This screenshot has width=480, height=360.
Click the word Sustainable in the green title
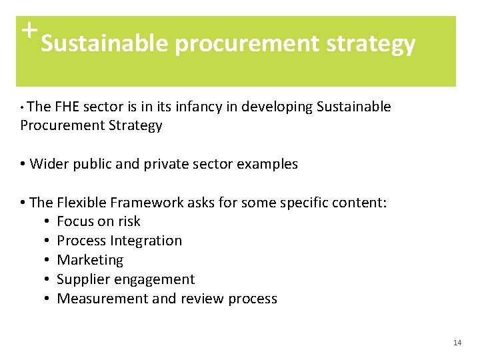tap(104, 44)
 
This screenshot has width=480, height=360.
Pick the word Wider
tap(49, 164)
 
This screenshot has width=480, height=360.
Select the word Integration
tap(145, 241)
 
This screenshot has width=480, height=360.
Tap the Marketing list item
tap(90, 260)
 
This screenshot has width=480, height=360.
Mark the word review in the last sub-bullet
tap(201, 299)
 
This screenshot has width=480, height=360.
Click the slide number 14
tap(457, 343)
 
